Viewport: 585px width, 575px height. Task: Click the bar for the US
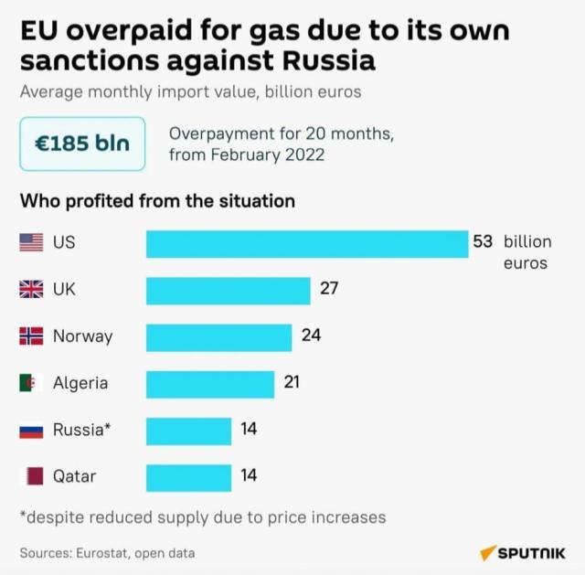tap(307, 244)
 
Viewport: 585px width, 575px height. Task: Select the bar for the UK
tap(229, 290)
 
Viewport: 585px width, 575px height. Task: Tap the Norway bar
tap(219, 336)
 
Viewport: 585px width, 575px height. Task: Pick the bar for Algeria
tap(210, 383)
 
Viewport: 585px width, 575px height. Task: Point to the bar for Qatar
tap(188, 476)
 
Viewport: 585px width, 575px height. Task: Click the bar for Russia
tap(188, 430)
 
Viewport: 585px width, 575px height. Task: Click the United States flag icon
tap(31, 243)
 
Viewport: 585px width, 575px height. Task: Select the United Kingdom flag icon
tap(31, 290)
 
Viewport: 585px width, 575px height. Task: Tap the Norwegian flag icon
tap(31, 336)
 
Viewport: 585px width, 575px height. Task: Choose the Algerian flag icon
tap(31, 383)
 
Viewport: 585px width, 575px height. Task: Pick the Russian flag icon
tap(31, 430)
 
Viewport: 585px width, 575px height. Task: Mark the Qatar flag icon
tap(31, 476)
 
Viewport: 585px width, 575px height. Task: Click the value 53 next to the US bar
tap(483, 242)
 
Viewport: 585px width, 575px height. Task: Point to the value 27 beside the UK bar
tap(329, 289)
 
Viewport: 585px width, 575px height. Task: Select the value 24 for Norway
tap(311, 335)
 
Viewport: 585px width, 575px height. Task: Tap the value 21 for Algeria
tap(292, 382)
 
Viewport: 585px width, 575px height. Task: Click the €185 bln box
tap(82, 144)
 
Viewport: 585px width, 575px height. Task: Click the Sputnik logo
tap(522, 553)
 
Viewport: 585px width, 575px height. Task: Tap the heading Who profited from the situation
tap(157, 200)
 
